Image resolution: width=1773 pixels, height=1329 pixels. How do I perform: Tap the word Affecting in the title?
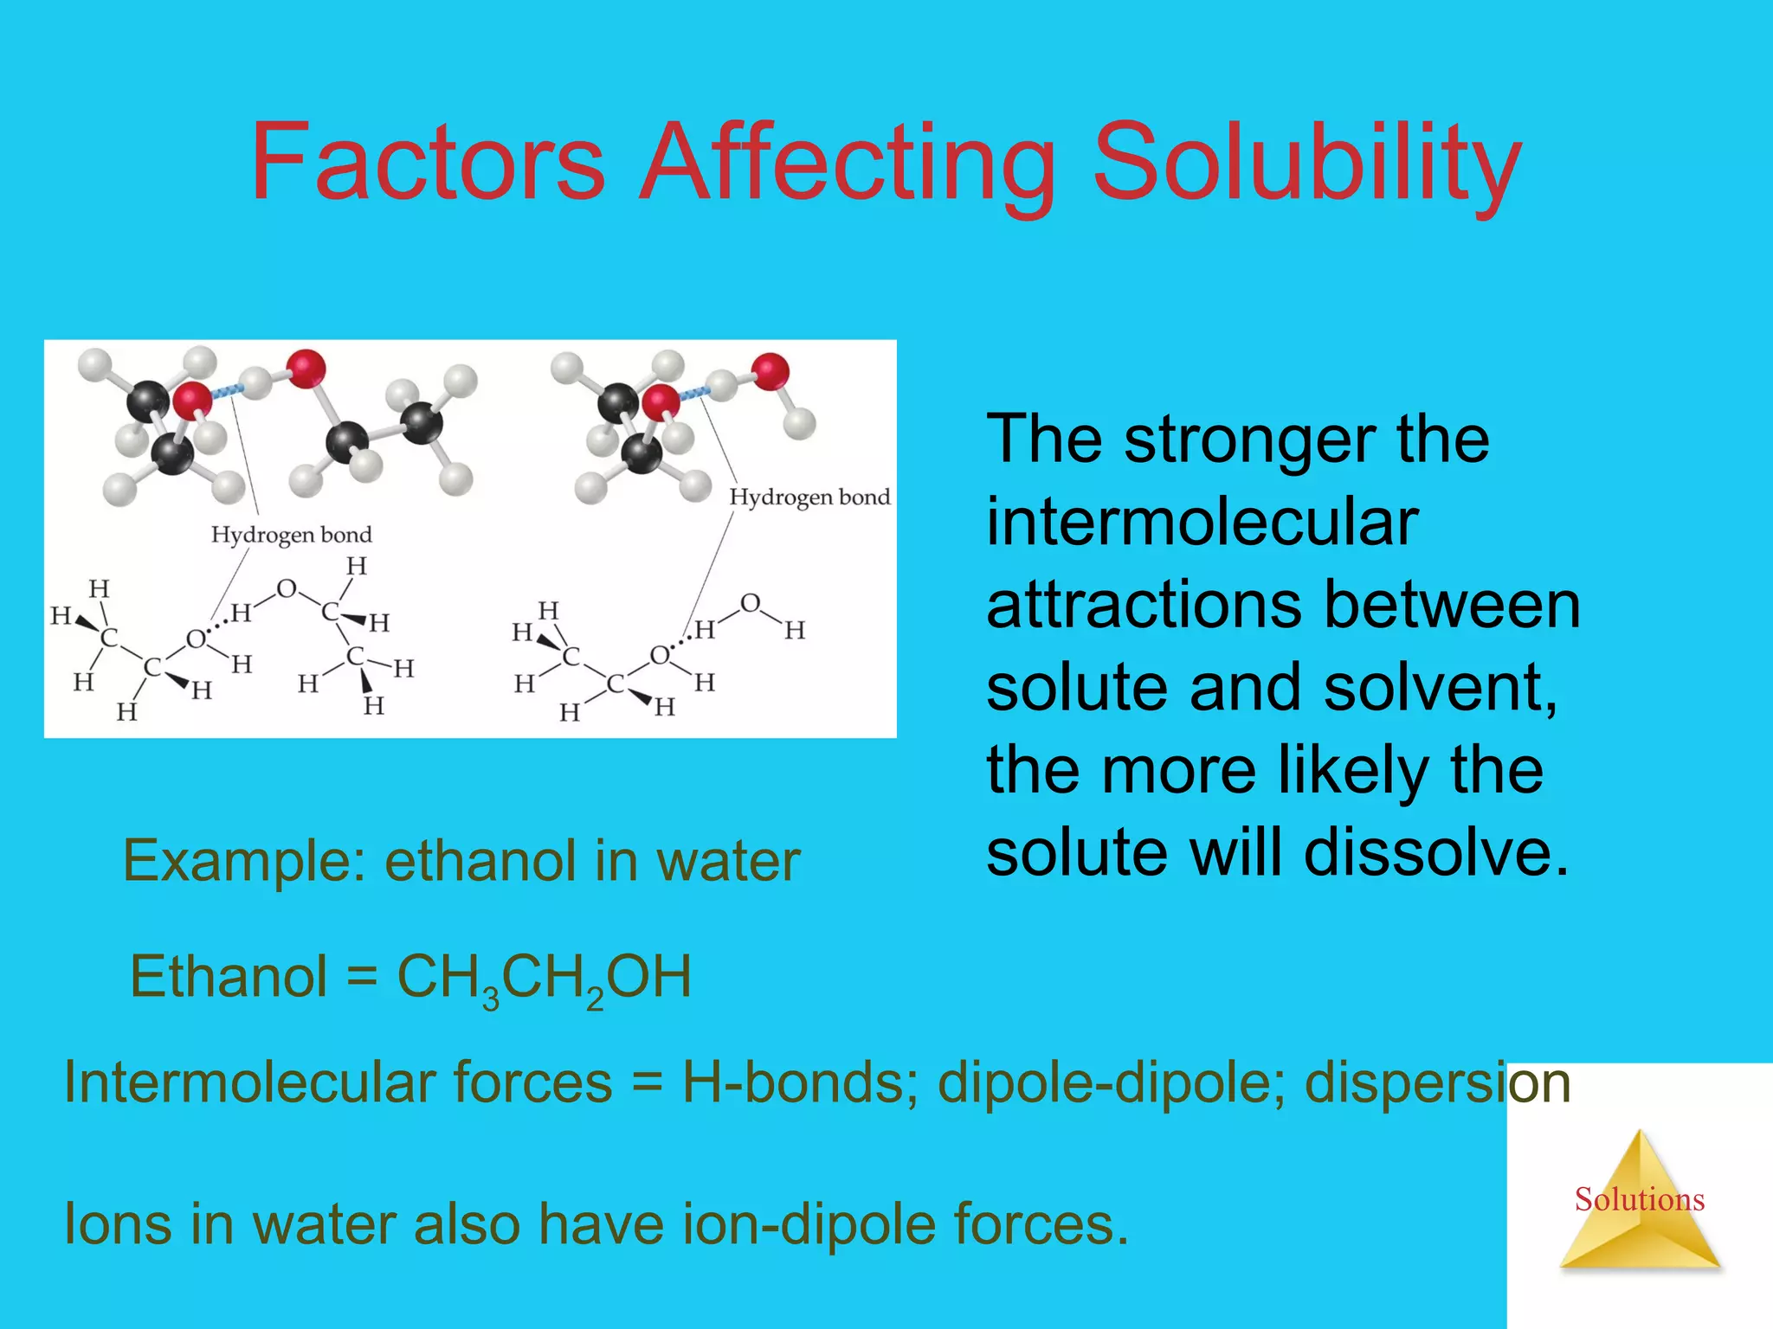(x=848, y=164)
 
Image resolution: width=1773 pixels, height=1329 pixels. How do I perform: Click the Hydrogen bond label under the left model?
(x=292, y=536)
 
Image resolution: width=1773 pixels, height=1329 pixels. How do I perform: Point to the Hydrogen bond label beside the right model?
(x=809, y=498)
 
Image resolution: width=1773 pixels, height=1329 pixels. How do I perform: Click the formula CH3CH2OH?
(x=544, y=979)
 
